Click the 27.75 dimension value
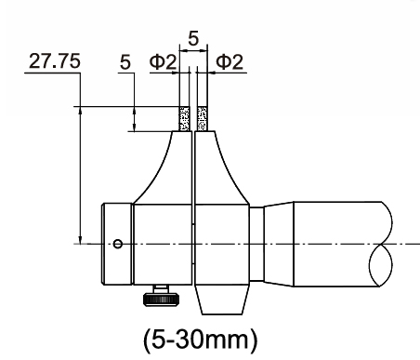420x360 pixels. pos(55,60)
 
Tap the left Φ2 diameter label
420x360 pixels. pos(163,61)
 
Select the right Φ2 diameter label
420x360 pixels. pos(230,61)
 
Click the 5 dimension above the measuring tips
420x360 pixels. pos(193,39)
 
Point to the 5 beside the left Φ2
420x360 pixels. pos(125,62)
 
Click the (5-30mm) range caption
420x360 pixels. pos(201,340)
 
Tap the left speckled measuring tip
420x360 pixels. pos(185,119)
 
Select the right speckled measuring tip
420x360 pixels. pos(203,119)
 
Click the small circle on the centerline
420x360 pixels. pos(117,244)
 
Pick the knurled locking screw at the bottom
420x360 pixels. pos(162,296)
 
